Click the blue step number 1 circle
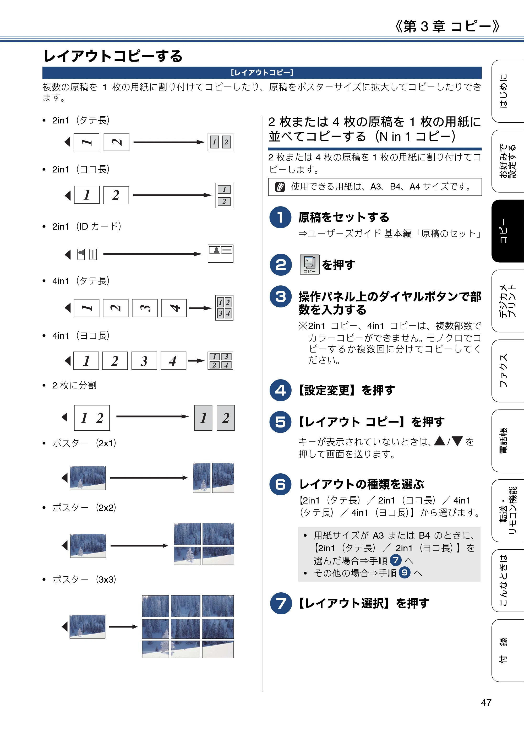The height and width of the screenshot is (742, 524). tap(280, 217)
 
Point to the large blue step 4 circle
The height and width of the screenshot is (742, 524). tap(280, 390)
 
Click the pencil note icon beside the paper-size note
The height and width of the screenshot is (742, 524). tap(280, 187)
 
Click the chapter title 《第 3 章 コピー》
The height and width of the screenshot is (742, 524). tap(447, 26)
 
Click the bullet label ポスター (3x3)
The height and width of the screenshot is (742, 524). tap(84, 579)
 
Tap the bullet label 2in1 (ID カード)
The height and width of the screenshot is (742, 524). tap(86, 226)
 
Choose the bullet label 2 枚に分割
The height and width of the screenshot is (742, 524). tap(74, 385)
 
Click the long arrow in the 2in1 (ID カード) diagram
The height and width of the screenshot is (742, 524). tap(152, 254)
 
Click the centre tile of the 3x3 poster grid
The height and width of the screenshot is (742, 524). tap(185, 629)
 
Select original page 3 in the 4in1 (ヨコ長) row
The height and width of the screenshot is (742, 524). tap(144, 361)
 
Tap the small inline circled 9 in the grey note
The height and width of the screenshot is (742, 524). tap(405, 573)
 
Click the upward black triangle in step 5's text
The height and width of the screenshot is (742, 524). tap(440, 441)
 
